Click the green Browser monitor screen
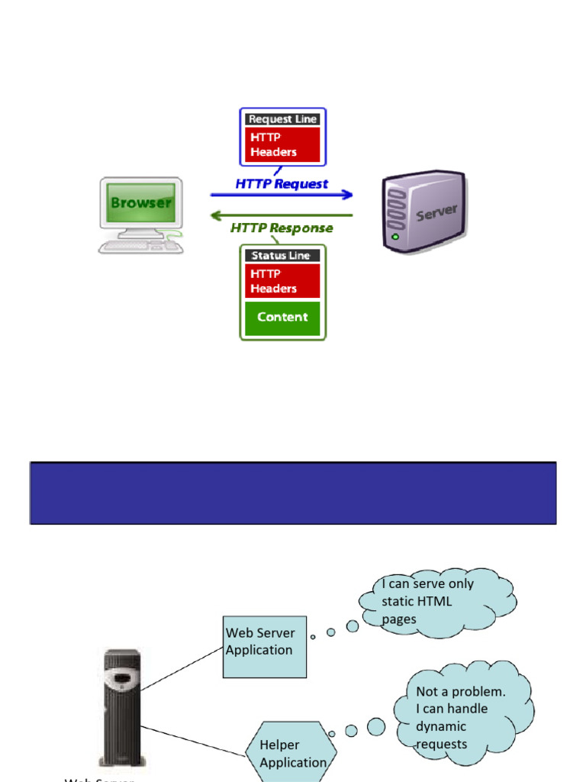click(140, 203)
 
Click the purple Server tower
click(423, 212)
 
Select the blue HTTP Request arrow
click(282, 195)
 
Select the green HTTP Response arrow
click(282, 215)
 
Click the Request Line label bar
click(282, 119)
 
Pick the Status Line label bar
click(282, 256)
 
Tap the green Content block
click(282, 318)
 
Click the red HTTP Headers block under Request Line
click(282, 144)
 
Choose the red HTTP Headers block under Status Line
click(282, 281)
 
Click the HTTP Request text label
click(282, 183)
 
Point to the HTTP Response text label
click(282, 228)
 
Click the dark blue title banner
click(293, 493)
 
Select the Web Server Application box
click(264, 647)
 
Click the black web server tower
click(121, 706)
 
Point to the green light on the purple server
click(394, 238)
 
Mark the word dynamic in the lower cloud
click(441, 726)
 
